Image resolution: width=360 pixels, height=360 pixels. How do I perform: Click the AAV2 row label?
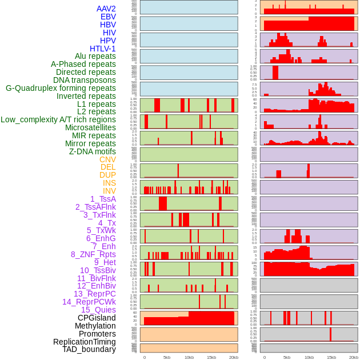click(106, 9)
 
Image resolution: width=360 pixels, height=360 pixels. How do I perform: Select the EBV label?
click(108, 17)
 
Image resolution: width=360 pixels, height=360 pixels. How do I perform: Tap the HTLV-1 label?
click(102, 49)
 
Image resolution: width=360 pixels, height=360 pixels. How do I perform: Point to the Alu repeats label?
click(95, 57)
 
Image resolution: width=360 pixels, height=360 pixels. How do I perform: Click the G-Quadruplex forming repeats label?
click(61, 88)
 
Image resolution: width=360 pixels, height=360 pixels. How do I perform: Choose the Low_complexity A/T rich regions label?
click(58, 120)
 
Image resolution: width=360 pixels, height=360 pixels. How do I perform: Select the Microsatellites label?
click(90, 128)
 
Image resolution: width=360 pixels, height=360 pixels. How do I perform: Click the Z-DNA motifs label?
click(92, 151)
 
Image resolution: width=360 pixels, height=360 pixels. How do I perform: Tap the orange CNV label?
click(107, 159)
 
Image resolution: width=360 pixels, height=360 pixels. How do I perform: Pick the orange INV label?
click(109, 191)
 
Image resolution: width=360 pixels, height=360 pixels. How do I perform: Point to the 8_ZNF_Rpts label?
click(93, 254)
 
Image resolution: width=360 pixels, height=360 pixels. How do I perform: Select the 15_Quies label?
click(98, 310)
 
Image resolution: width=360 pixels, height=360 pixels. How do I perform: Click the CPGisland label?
click(97, 318)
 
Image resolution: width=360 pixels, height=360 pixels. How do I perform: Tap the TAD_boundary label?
click(89, 349)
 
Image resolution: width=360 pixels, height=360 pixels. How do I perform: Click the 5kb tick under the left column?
click(167, 357)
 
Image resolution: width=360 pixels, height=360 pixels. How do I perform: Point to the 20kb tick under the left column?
click(234, 357)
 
